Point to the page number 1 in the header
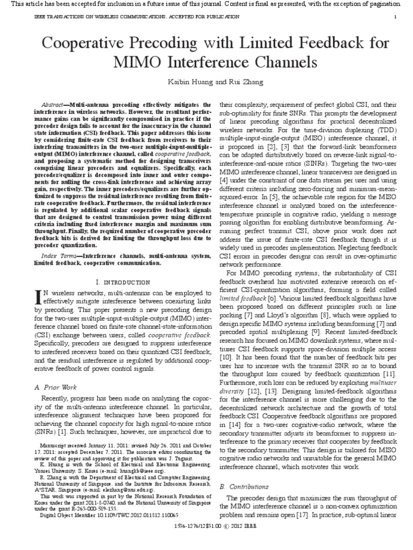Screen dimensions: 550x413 pyautogui.click(x=395, y=17)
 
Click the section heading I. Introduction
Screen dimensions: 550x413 pyautogui.click(x=122, y=282)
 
